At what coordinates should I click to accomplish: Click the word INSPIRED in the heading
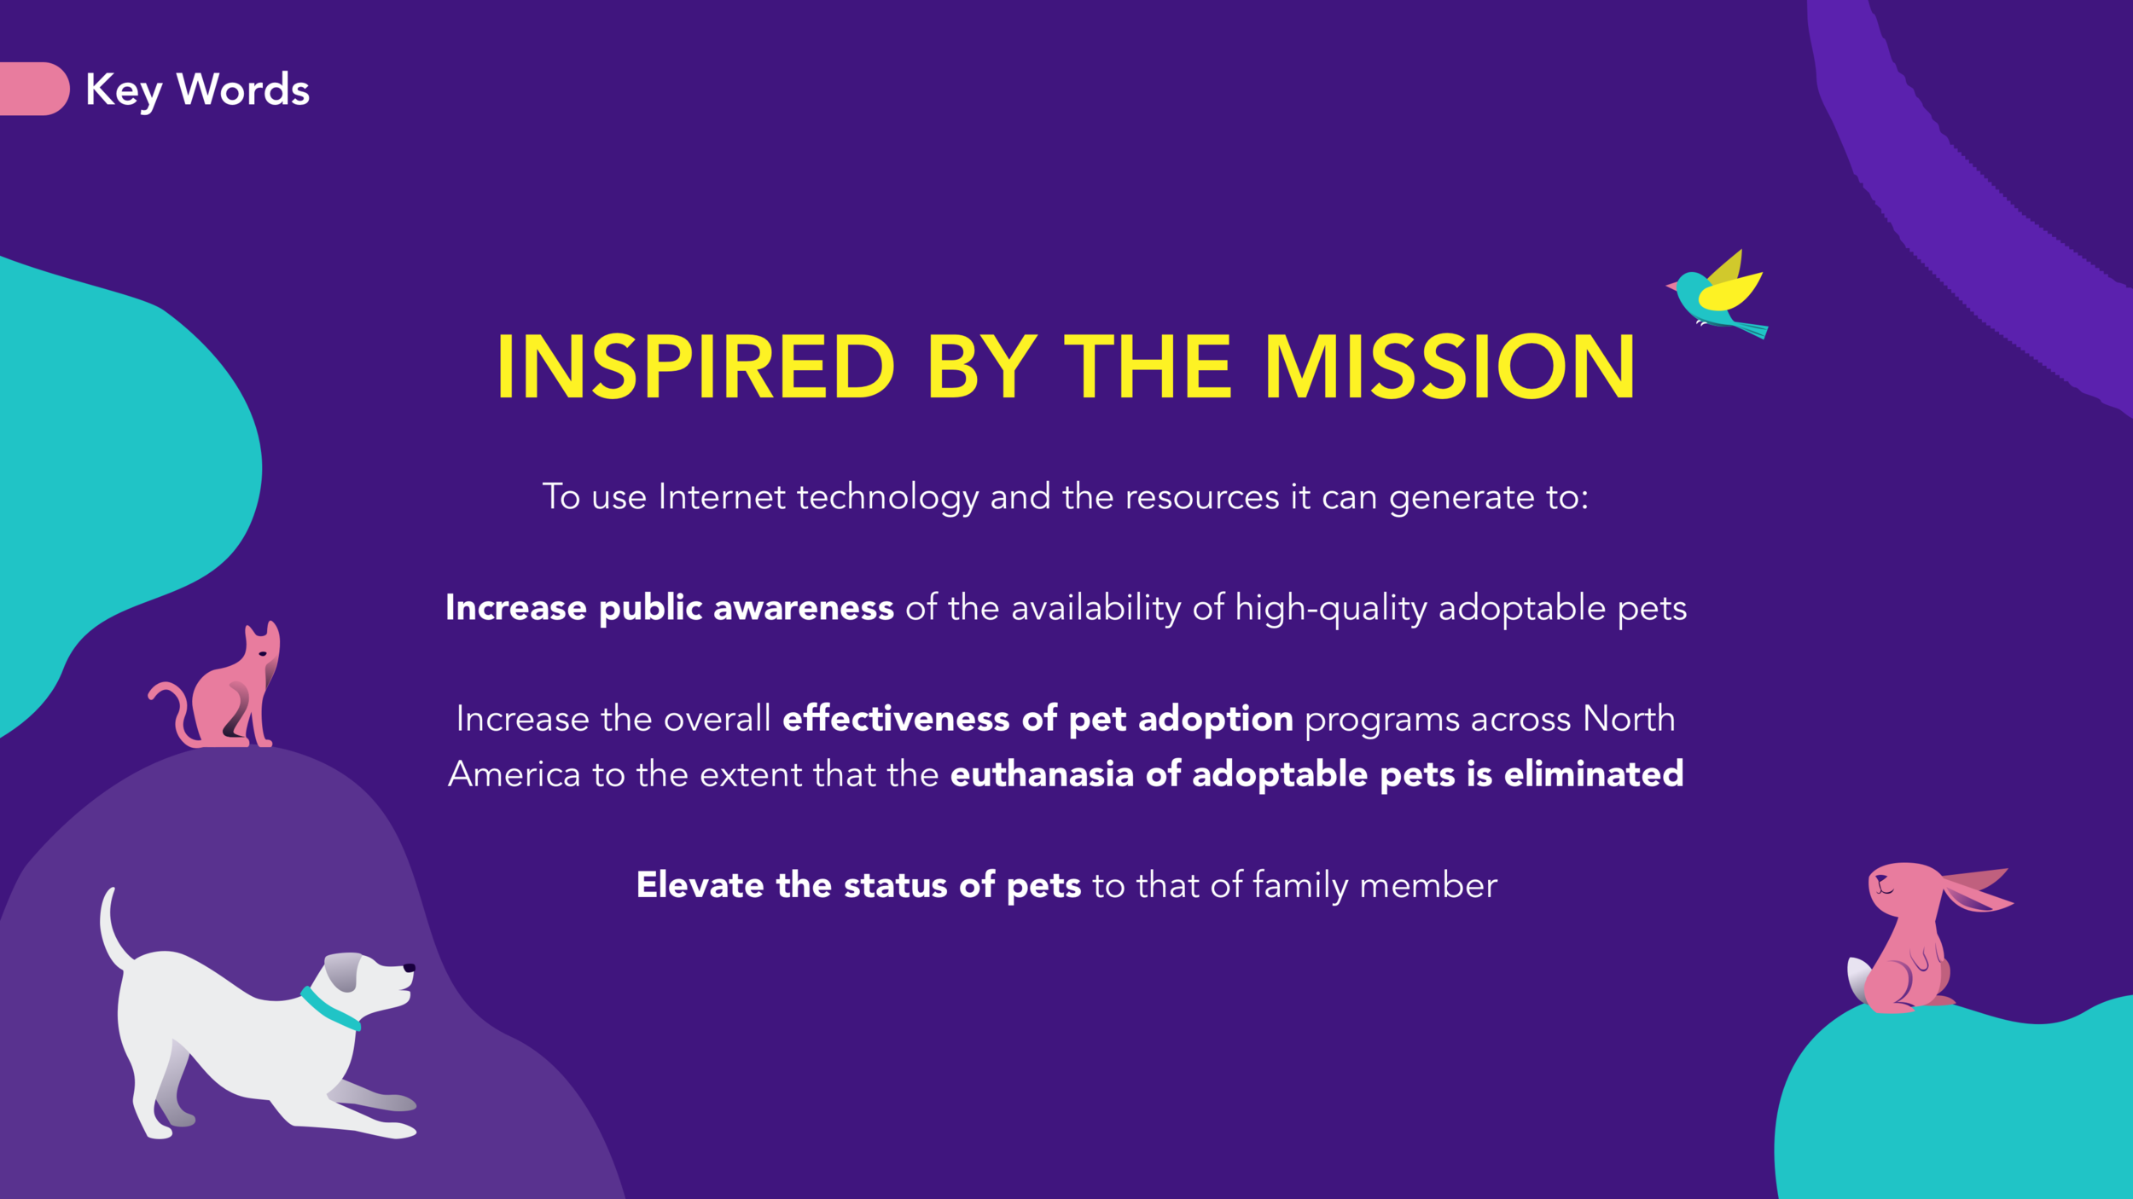click(x=695, y=367)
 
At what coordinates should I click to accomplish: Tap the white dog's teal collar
click(x=329, y=1009)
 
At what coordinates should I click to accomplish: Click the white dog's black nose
click(x=410, y=968)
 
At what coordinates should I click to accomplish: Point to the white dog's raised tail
click(x=112, y=930)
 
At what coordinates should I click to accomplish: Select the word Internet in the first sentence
click(x=721, y=497)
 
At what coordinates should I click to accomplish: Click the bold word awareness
click(x=803, y=608)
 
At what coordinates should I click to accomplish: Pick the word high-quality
click(x=1330, y=609)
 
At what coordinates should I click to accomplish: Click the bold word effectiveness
click(x=896, y=719)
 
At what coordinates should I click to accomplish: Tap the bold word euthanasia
click(x=1041, y=774)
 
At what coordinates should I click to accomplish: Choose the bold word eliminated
click(x=1593, y=774)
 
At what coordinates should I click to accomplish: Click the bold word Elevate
click(x=700, y=885)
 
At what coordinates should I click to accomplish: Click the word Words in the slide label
click(x=243, y=90)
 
